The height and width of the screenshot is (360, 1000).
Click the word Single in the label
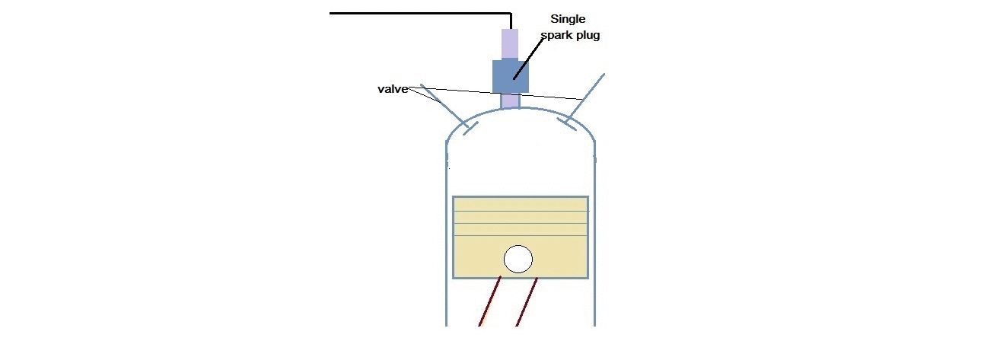click(x=568, y=20)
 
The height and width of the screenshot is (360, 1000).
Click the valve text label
click(x=394, y=89)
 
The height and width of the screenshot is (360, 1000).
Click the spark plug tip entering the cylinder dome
click(x=511, y=100)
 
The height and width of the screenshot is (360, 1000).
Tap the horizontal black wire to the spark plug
click(x=419, y=13)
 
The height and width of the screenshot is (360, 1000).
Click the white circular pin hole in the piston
click(x=518, y=259)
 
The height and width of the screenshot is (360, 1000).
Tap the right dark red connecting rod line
click(x=527, y=302)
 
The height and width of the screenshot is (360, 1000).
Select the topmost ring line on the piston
click(x=520, y=211)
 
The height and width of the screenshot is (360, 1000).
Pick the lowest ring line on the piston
click(x=520, y=236)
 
